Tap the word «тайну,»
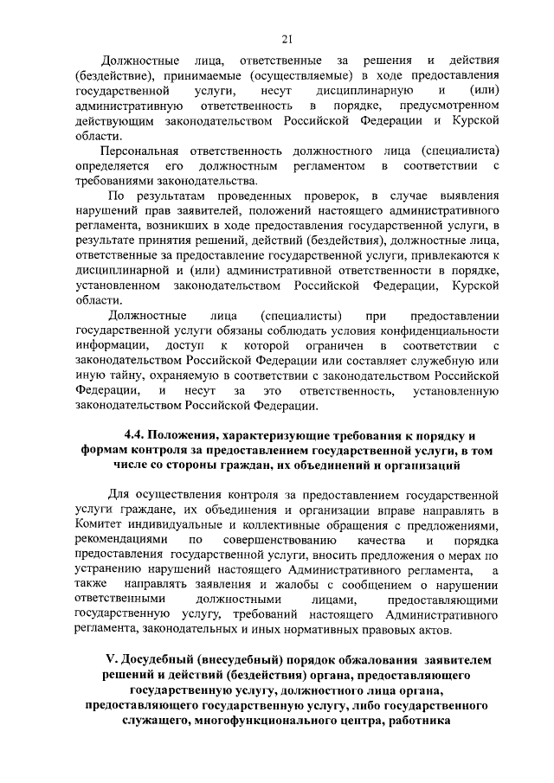[x=127, y=376]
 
